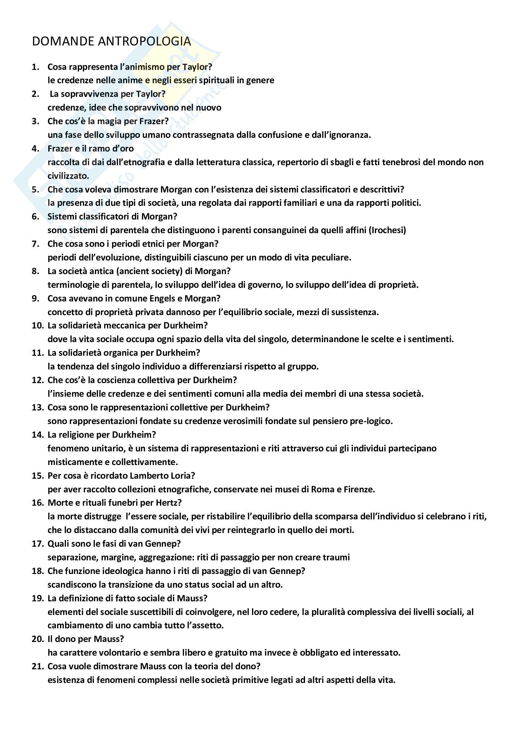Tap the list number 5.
35,189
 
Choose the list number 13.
37,407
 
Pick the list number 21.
37,666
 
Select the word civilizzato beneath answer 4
68,176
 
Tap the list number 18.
37,571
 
